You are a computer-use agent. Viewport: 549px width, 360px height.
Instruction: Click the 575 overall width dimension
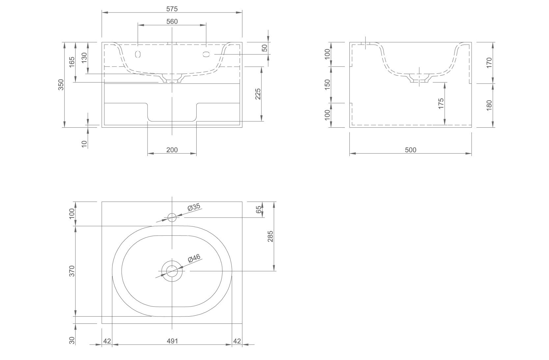point(172,9)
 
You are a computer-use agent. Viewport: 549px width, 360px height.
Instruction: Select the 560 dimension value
point(172,21)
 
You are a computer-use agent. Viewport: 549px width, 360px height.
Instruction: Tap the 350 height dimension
point(61,85)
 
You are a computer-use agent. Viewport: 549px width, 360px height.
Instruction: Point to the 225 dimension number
point(258,94)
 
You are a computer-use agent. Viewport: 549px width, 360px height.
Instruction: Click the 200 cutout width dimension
point(172,150)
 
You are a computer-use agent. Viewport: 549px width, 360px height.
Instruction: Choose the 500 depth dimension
point(411,150)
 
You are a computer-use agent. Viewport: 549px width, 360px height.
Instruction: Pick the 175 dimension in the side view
point(441,104)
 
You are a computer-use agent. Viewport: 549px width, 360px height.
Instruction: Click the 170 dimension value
point(489,63)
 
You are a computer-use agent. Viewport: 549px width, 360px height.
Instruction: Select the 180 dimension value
point(489,105)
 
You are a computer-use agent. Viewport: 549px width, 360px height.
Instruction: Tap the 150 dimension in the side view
point(327,85)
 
